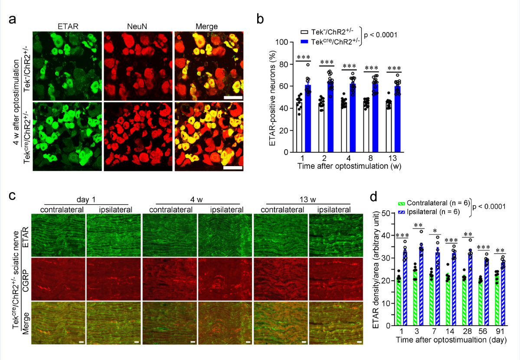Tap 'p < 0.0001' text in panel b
click(380, 34)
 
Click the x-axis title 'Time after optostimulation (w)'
click(346, 166)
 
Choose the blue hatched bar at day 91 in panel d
click(503, 293)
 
